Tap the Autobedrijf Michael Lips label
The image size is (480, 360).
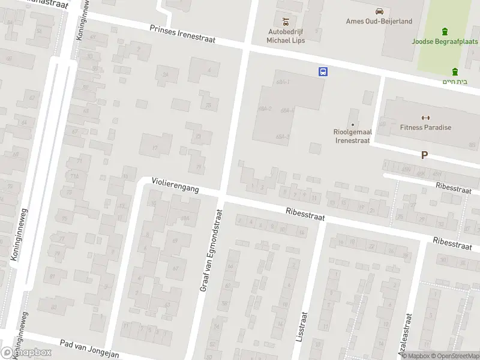(x=286, y=36)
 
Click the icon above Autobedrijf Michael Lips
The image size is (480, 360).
(x=286, y=20)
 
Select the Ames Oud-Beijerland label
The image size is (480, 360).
(x=379, y=22)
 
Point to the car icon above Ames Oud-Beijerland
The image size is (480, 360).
(x=379, y=11)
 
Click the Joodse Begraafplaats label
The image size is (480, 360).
(x=445, y=42)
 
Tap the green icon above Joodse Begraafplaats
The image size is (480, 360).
(x=445, y=31)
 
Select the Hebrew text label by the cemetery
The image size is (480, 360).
(x=455, y=82)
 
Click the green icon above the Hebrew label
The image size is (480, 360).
(x=455, y=71)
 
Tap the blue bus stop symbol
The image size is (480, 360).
(x=323, y=71)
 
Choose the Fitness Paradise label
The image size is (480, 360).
(x=425, y=127)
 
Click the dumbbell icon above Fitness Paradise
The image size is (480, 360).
(x=425, y=118)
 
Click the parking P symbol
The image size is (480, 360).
(x=424, y=155)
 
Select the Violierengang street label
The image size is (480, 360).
(x=175, y=184)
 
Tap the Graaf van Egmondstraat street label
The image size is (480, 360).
(x=211, y=251)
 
